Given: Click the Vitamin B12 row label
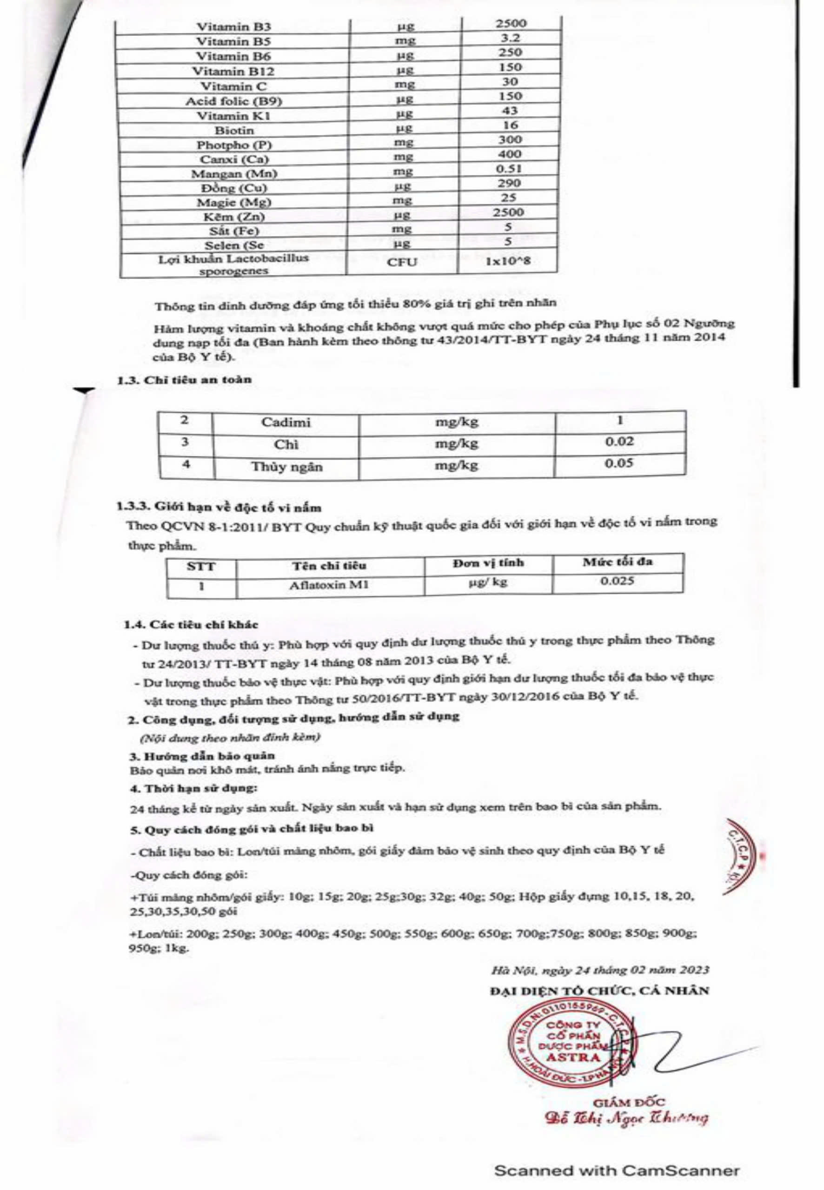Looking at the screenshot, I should click(233, 71).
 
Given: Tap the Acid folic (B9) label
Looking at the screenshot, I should click(233, 100).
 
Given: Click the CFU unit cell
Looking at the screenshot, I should click(402, 262).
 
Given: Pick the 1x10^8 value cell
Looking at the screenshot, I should click(508, 261).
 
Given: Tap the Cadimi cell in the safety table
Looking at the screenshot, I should click(286, 423).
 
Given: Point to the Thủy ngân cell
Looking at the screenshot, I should click(286, 467).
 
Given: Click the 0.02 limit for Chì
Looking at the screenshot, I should click(619, 442).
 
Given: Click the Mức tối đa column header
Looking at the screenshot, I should click(618, 562).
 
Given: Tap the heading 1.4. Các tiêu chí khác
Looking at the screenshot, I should click(191, 624).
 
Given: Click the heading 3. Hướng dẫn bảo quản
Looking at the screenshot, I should click(202, 756).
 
